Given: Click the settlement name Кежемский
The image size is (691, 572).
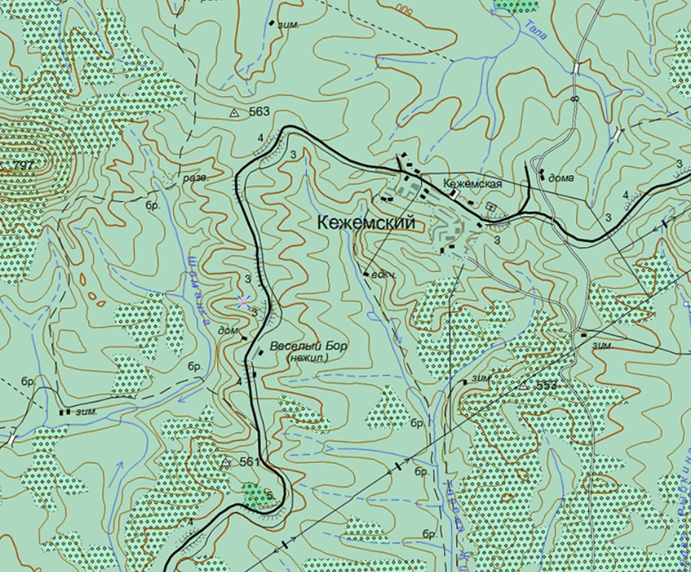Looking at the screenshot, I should pos(365,222).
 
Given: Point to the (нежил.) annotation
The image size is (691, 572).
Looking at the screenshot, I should pos(306,358).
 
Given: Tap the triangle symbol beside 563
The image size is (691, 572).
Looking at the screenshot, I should pos(234,113).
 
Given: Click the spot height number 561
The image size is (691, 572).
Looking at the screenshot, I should pos(250,462).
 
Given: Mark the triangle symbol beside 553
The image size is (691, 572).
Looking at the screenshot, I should pos(523,386).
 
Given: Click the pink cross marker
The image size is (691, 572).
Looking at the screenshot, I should pos(244,300).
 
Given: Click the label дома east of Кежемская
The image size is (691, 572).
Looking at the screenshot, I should pos(561,177).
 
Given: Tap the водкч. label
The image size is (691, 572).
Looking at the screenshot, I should pos(385,275).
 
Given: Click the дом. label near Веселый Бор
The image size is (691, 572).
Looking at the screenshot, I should pos(228,331).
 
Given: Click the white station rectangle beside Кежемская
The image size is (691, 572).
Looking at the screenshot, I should pos(455,193).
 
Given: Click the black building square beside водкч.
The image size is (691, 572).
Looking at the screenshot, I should pos(365,273).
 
